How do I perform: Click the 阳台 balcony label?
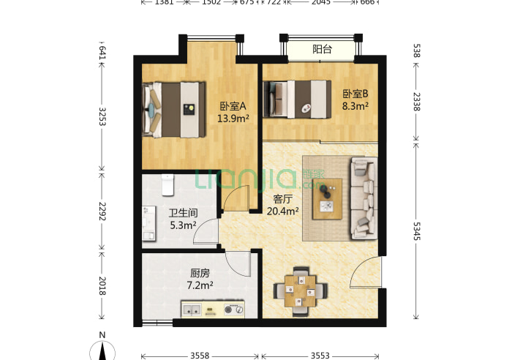[322, 50]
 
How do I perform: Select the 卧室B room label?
[355, 94]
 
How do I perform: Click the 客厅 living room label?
[284, 199]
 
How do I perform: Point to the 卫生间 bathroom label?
[182, 214]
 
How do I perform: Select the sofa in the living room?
[363, 198]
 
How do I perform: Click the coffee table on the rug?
[328, 198]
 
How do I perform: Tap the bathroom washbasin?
[149, 223]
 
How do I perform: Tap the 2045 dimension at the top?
[320, 3]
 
